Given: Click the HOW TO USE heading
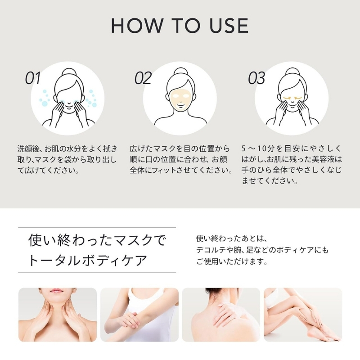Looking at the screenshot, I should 180,26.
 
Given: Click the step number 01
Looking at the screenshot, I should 33,78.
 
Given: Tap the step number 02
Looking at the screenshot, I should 143,78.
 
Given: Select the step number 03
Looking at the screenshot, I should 256,78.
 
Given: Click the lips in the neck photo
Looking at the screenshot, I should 57,291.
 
